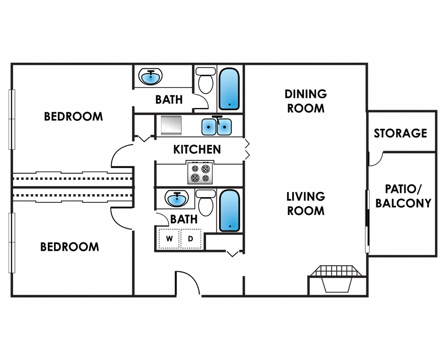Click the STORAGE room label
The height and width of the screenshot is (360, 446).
pos(400,133)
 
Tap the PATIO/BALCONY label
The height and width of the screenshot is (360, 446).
pos(403,196)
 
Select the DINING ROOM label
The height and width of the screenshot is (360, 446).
pos(306,101)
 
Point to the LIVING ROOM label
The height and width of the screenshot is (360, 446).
pos(306,204)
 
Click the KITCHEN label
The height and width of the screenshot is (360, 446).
pos(197,149)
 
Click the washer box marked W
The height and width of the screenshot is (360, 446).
pos(169,239)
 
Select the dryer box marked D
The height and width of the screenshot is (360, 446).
pos(190,239)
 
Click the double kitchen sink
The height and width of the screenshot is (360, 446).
pos(216,127)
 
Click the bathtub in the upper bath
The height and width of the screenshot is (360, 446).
pos(229,88)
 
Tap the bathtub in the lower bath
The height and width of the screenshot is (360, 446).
pos(230,211)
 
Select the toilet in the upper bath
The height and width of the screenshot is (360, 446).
pos(205,80)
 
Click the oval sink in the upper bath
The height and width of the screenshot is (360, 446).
pos(151,77)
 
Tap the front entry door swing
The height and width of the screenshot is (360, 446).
pos(187,283)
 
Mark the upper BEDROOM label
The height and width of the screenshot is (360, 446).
pos(74,117)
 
